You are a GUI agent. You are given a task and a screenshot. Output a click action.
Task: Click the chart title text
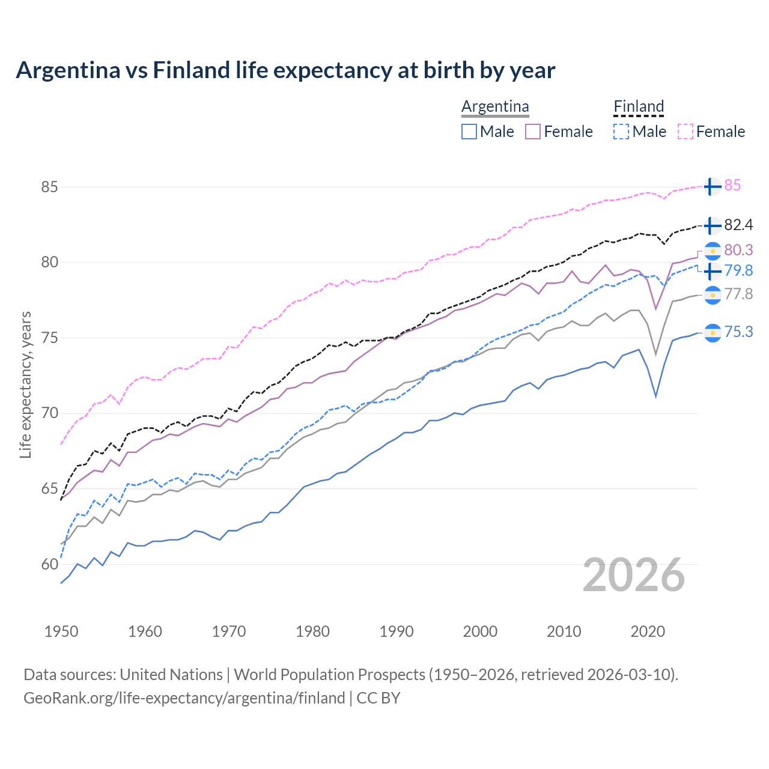(285, 70)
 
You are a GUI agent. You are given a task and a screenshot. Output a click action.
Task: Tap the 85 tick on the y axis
(49, 187)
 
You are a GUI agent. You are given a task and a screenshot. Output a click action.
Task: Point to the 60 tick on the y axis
(49, 564)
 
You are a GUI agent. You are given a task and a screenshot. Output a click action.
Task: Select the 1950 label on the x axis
(61, 631)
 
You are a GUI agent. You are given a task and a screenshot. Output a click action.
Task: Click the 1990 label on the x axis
(397, 631)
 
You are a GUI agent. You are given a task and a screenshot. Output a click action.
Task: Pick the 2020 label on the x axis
(648, 631)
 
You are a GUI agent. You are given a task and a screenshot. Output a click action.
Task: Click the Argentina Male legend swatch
(469, 132)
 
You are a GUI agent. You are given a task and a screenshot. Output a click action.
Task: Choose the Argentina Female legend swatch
(533, 132)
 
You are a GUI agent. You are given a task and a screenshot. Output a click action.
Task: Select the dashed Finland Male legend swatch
(621, 132)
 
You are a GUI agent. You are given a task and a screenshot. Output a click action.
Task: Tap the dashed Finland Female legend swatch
(685, 132)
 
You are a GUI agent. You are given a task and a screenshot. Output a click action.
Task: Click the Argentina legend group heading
(495, 107)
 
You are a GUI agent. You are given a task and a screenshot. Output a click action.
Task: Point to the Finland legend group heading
(639, 107)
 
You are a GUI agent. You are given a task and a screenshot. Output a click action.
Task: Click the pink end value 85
(732, 186)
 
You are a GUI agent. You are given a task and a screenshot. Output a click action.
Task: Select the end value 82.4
(738, 225)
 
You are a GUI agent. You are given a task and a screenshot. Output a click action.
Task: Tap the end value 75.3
(738, 332)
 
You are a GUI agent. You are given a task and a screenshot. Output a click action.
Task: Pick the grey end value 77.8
(738, 294)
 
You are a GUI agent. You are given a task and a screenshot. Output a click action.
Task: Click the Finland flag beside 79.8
(712, 271)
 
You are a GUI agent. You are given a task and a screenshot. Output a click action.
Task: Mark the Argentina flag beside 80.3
(712, 250)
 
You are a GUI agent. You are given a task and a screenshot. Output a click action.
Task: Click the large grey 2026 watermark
(634, 576)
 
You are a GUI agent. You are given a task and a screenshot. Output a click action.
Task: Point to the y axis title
(26, 384)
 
